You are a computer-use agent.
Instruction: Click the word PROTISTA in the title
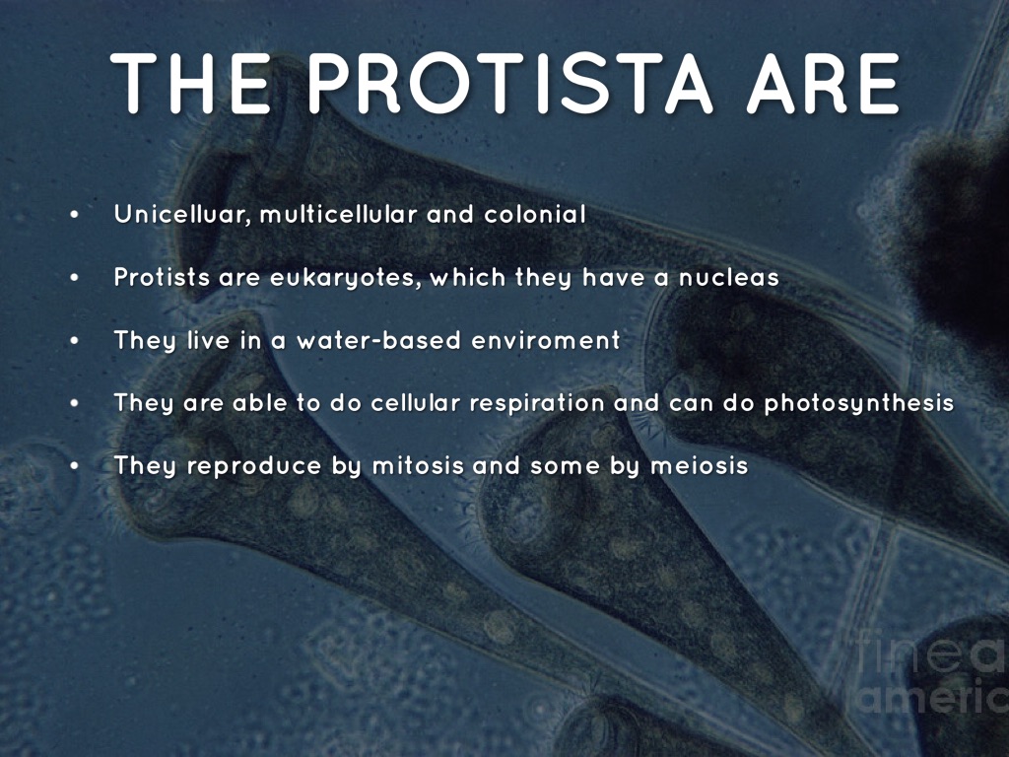click(509, 84)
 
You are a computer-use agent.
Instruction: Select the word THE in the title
click(192, 84)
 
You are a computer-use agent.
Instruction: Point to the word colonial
click(535, 214)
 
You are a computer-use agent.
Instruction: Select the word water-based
click(379, 340)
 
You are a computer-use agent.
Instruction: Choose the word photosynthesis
click(859, 403)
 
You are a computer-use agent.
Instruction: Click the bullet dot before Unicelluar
click(75, 215)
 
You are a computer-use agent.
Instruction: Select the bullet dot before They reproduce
click(75, 466)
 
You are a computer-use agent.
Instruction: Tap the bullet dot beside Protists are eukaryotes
click(75, 278)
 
